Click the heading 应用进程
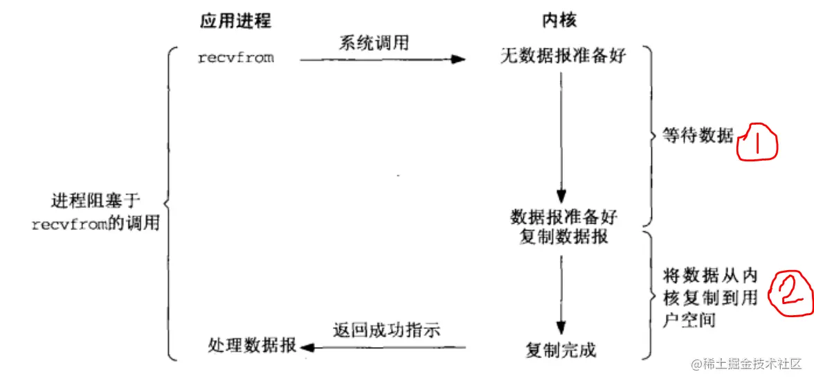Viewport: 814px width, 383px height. tap(235, 21)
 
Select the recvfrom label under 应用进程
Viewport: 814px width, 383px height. tap(235, 58)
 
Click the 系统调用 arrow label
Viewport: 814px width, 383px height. tap(373, 43)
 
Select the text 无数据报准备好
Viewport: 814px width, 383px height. tap(563, 56)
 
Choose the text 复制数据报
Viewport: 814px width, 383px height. tap(563, 236)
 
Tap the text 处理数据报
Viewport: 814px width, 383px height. tap(252, 346)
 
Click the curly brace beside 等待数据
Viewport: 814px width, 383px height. tap(649, 136)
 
